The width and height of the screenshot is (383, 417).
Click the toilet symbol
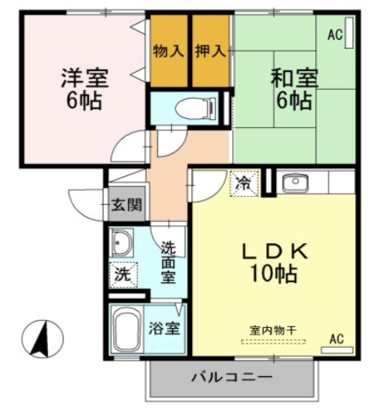pyautogui.click(x=196, y=109)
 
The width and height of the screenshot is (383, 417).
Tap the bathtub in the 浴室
pyautogui.click(x=126, y=329)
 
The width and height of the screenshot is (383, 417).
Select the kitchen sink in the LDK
pyautogui.click(x=295, y=184)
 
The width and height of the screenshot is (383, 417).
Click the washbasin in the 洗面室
pyautogui.click(x=122, y=242)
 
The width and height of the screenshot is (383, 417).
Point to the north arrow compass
pyautogui.click(x=42, y=339)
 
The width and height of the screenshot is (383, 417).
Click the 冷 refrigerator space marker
pyautogui.click(x=244, y=184)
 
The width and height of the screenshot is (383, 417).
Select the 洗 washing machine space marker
pyautogui.click(x=124, y=275)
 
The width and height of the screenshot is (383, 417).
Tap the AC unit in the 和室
pyautogui.click(x=349, y=33)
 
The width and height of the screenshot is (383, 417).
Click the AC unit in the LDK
pyautogui.click(x=337, y=350)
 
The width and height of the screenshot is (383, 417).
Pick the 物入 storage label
pyautogui.click(x=169, y=51)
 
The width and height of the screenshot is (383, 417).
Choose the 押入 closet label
pyautogui.click(x=210, y=51)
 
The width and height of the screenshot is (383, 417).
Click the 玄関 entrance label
pyautogui.click(x=127, y=205)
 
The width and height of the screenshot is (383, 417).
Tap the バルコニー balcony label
pyautogui.click(x=231, y=378)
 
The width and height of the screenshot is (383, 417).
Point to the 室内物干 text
pyautogui.click(x=272, y=330)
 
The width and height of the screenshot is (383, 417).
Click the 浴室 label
pyautogui.click(x=164, y=329)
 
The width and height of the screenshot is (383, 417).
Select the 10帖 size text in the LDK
pyautogui.click(x=274, y=273)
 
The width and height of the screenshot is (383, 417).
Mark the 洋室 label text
pyautogui.click(x=85, y=78)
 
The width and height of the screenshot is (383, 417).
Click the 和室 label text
pyautogui.click(x=294, y=78)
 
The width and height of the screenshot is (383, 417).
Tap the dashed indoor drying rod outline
pyautogui.click(x=273, y=342)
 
